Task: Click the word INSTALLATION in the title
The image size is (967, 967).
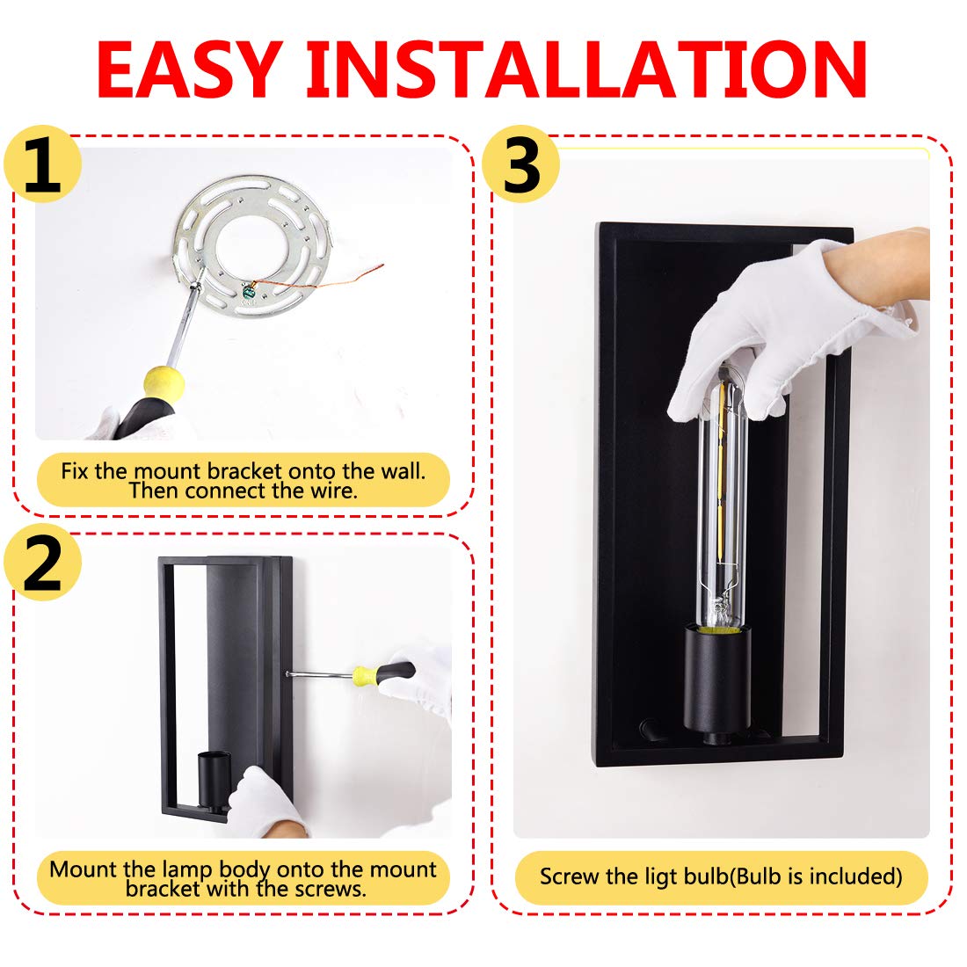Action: (x=587, y=69)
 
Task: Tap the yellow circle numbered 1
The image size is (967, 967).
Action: (x=42, y=164)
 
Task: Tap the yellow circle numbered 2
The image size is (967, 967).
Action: (x=42, y=562)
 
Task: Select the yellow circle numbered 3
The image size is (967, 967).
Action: (x=521, y=164)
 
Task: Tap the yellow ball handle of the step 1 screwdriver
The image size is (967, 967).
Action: (x=164, y=383)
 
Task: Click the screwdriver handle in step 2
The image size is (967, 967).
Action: (x=383, y=672)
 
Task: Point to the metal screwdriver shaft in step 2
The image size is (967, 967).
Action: (x=319, y=674)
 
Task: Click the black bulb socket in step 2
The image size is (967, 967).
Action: (x=214, y=780)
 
